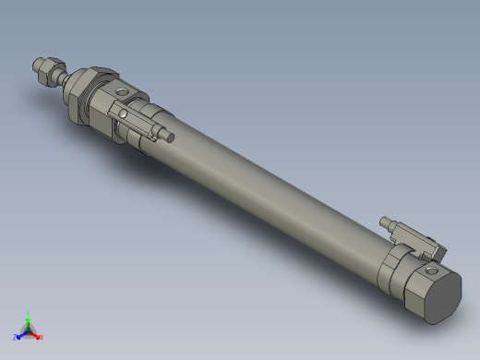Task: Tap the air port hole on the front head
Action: pos(123,92)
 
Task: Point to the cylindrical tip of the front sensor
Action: pos(170,138)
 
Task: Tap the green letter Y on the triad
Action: pos(28,313)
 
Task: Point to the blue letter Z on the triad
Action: pos(15,336)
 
